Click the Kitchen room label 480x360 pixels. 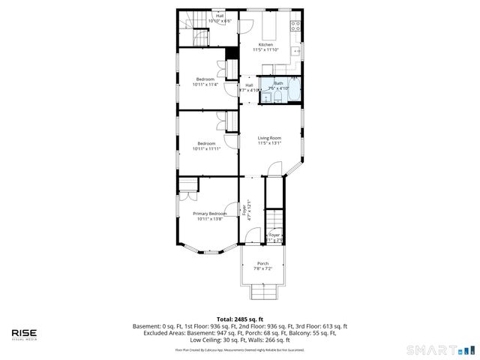[x=265, y=45]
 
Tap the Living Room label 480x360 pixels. [x=269, y=138]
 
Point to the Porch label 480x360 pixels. [x=262, y=263]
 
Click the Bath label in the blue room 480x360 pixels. [x=278, y=83]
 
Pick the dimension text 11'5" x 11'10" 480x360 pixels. [x=265, y=50]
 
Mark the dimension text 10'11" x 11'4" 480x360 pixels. [x=205, y=85]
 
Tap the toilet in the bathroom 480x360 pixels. [x=277, y=97]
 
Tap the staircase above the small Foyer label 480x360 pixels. [x=277, y=220]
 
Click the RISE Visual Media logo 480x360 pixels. [x=25, y=334]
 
